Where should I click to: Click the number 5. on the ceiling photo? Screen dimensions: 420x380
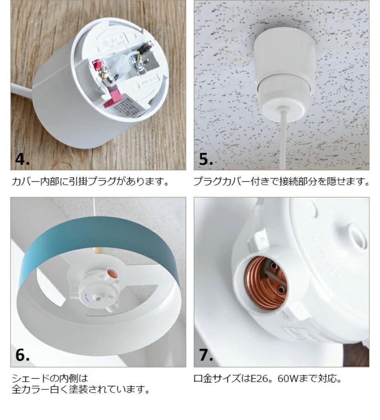tap(206, 159)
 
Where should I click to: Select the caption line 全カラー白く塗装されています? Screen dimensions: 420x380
tap(81, 390)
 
